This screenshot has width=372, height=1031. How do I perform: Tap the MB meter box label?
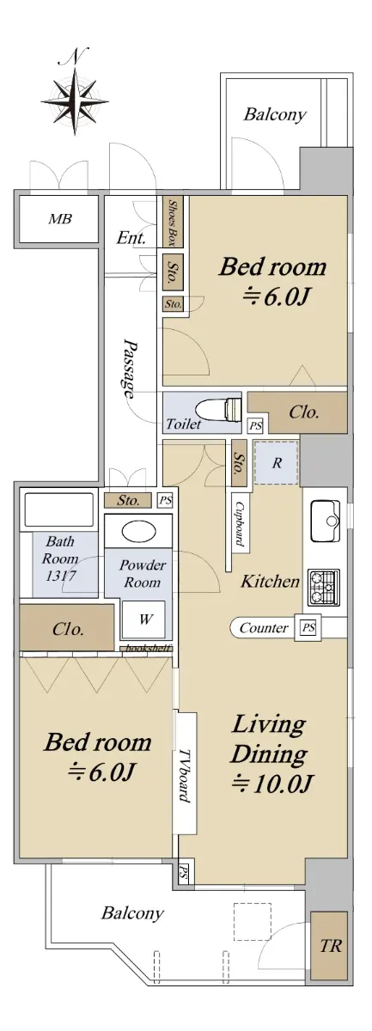click(60, 219)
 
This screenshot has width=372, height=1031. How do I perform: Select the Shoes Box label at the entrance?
click(173, 221)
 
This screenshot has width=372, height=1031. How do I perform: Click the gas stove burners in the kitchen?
click(324, 587)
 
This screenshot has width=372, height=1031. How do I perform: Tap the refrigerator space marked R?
click(277, 462)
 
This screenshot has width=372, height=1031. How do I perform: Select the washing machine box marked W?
click(143, 619)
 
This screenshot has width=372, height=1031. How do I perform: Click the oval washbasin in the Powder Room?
click(138, 532)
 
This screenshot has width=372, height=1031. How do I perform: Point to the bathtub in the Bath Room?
click(59, 510)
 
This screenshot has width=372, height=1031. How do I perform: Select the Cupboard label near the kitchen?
click(240, 523)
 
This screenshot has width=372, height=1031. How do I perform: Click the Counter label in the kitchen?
click(264, 627)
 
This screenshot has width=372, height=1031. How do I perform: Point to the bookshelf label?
click(149, 649)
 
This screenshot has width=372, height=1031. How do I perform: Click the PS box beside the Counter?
click(308, 627)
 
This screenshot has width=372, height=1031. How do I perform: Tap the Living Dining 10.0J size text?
click(272, 783)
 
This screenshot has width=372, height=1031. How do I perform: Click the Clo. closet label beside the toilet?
click(304, 412)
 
